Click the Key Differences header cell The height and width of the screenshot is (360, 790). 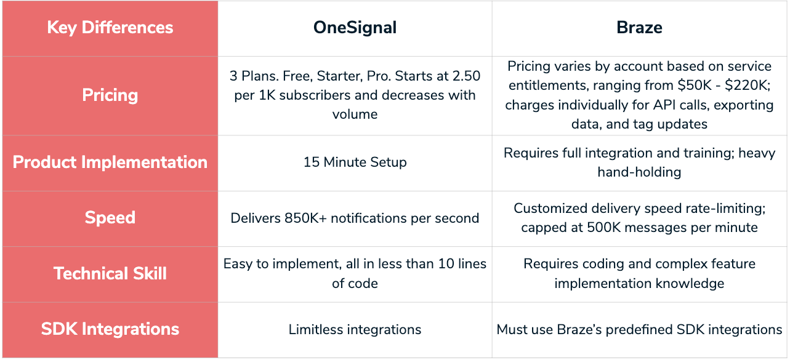[110, 28]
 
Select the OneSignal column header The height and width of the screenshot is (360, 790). [355, 28]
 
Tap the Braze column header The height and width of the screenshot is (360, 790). [639, 28]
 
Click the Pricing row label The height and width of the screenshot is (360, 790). [110, 95]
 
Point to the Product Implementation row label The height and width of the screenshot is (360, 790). [110, 162]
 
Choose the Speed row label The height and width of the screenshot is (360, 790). [110, 218]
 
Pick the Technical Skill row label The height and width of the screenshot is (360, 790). [110, 273]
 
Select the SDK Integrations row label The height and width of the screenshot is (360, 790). [110, 329]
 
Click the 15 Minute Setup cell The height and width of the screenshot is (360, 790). [355, 162]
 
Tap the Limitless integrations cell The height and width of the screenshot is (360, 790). [355, 330]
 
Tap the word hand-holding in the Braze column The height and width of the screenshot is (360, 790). [639, 172]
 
